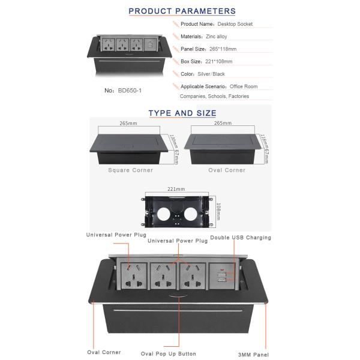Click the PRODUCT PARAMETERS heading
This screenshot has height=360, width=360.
[182, 11]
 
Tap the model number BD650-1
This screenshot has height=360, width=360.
[130, 91]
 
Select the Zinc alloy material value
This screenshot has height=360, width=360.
[217, 37]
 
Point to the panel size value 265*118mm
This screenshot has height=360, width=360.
[223, 49]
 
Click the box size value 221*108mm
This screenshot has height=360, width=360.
[219, 62]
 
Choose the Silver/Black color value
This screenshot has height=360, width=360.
[211, 74]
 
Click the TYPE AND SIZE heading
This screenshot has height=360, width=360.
[182, 113]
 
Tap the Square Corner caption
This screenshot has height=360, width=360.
[131, 170]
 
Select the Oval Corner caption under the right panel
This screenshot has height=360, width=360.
[227, 170]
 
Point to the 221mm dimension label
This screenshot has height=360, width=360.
[176, 189]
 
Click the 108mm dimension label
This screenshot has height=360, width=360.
[218, 211]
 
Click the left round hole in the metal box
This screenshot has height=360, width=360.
[164, 214]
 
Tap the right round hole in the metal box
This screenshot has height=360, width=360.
[191, 214]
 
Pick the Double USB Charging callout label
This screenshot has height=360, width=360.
[241, 238]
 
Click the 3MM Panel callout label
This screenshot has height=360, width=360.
[253, 355]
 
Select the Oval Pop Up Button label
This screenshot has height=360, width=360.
[169, 354]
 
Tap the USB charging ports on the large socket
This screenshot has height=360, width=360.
[222, 277]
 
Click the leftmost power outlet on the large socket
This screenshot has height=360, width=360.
[134, 276]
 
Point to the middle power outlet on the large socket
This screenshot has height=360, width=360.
[163, 276]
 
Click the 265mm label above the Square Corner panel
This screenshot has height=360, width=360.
[128, 123]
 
